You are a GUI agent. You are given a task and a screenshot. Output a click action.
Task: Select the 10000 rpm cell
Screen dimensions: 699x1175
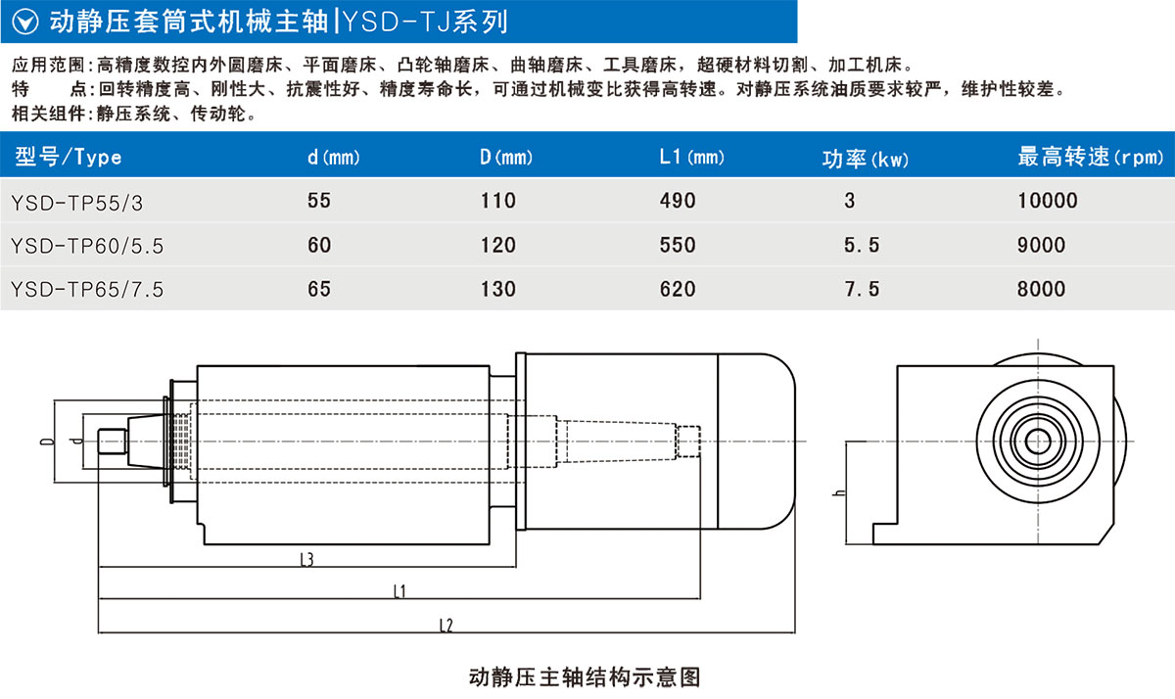tap(1047, 202)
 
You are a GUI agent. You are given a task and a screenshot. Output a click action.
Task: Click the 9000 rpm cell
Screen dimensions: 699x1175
tap(1041, 246)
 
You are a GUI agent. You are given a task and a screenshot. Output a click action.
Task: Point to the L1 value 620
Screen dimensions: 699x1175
tap(678, 289)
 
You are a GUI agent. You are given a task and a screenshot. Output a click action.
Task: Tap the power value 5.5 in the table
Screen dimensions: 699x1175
tap(861, 246)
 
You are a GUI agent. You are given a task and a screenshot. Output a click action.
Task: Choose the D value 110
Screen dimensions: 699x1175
tap(497, 202)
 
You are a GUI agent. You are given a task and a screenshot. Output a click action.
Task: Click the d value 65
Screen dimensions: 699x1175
tap(319, 289)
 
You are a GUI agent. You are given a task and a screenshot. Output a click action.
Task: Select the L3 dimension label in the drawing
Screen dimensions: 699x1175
tap(305, 560)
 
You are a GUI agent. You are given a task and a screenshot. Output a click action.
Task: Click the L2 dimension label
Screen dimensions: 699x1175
tap(445, 624)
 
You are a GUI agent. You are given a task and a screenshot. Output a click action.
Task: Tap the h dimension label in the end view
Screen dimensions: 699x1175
tap(835, 491)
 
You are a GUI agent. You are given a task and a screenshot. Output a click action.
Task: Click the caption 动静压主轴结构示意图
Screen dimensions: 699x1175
tap(586, 676)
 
